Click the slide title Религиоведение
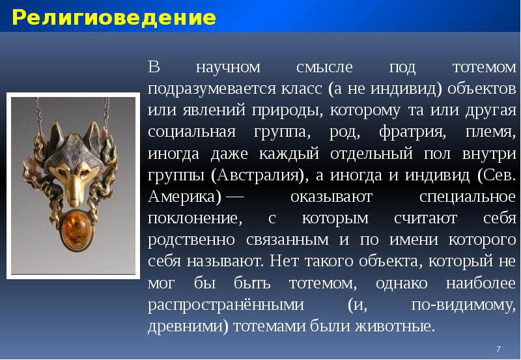(x=113, y=18)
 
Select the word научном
(x=228, y=67)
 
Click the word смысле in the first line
(x=323, y=67)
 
